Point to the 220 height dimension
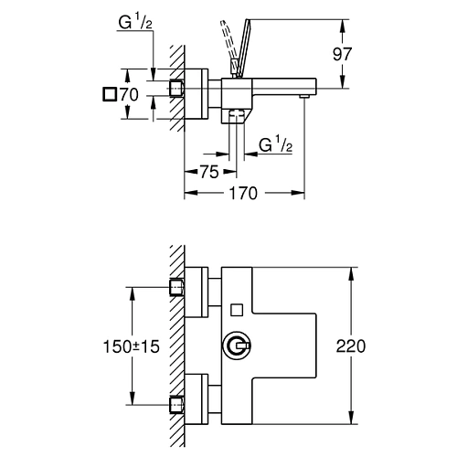coord(352,346)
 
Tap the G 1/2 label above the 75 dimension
coord(275,144)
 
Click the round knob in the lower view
coord(236,345)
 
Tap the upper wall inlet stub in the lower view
coord(178,289)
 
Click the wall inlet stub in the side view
coord(178,88)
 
